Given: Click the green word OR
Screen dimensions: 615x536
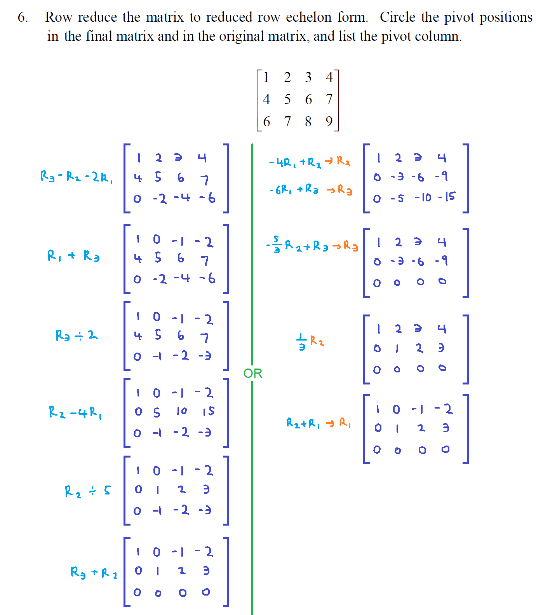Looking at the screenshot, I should [x=252, y=373].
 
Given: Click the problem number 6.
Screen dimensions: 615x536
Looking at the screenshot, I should [x=23, y=17].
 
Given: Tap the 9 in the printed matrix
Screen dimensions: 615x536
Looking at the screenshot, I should [x=329, y=121].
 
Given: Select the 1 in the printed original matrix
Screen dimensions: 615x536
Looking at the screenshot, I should [x=266, y=77].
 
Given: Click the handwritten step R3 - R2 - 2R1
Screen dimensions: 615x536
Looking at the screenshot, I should [x=77, y=177].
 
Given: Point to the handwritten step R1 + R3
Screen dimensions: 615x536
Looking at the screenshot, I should [x=73, y=256].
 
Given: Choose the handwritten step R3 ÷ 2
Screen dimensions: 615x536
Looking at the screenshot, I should [x=77, y=335].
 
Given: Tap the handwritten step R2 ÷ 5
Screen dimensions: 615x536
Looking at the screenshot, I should [x=87, y=491].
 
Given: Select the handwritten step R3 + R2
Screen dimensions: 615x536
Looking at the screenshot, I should [x=94, y=572].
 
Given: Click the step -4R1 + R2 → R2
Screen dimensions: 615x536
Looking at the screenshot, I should [x=310, y=162].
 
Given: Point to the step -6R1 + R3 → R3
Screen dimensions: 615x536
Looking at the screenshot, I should [x=311, y=190].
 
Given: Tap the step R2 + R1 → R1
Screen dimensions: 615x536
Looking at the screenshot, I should [x=318, y=423].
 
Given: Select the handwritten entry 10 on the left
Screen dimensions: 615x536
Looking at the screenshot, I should [x=181, y=411].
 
